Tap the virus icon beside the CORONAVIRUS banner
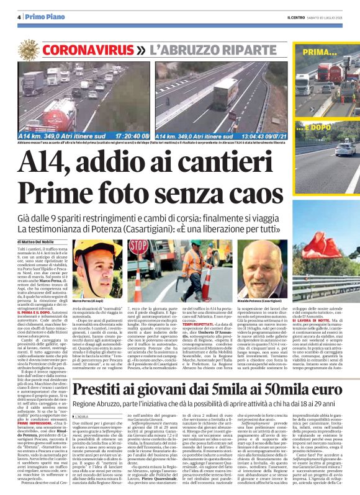pyautogui.click(x=34, y=47)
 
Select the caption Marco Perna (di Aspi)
pyautogui.click(x=89, y=299)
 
